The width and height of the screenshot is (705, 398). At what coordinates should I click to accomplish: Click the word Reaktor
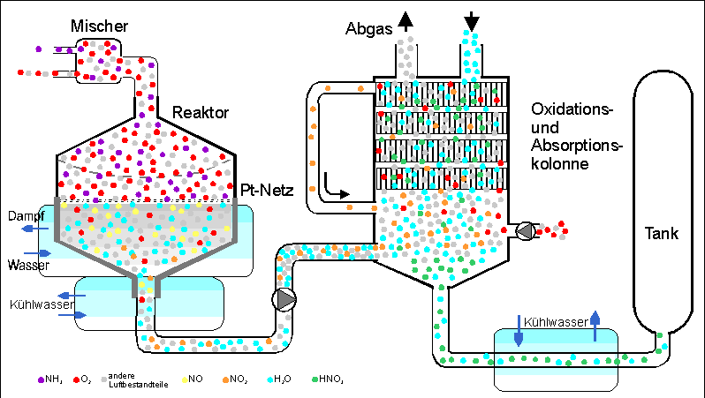tap(201, 112)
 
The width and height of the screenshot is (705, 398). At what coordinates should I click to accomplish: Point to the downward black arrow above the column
tap(472, 19)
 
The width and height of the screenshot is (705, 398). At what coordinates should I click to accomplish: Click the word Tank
tap(661, 235)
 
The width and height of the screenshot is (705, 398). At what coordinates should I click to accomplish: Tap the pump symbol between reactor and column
tap(285, 299)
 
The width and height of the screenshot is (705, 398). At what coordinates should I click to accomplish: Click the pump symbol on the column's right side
tap(524, 231)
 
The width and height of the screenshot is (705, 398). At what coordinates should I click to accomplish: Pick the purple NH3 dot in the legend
tap(40, 379)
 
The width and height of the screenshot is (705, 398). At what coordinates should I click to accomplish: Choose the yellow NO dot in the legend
tap(184, 379)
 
